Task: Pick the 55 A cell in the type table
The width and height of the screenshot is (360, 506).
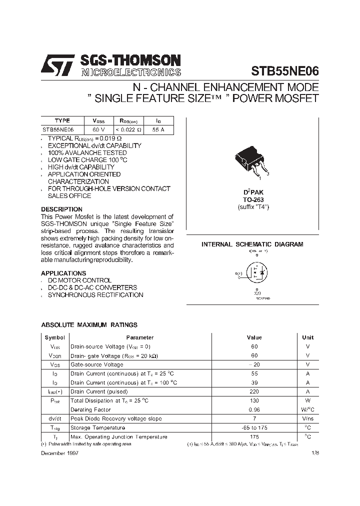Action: click(x=158, y=129)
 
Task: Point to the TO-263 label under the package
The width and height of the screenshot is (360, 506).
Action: click(x=253, y=199)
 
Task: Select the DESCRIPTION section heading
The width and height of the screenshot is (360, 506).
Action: click(x=61, y=209)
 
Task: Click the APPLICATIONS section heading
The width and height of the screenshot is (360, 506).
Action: click(x=63, y=273)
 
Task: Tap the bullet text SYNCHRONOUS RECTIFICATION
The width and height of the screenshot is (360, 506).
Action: click(x=95, y=295)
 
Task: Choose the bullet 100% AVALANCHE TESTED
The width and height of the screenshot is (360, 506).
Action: click(x=87, y=152)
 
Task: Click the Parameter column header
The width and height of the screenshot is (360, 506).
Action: click(x=139, y=337)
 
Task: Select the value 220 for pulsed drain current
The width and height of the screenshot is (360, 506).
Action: click(x=254, y=391)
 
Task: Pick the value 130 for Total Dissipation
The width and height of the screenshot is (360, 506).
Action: click(x=254, y=400)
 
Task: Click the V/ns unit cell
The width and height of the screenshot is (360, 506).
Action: click(x=307, y=418)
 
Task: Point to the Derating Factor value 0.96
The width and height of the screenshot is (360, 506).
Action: click(x=254, y=409)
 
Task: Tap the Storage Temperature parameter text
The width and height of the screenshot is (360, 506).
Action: click(x=97, y=427)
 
